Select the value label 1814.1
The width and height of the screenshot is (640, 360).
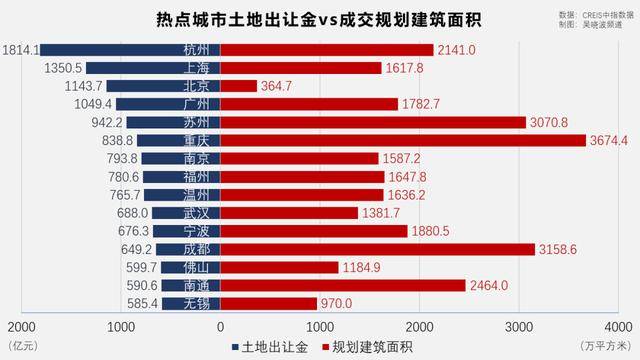[x=21, y=49]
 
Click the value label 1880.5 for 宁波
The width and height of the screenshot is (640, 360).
[x=429, y=231]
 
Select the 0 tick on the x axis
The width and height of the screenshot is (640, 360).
[x=220, y=326]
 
